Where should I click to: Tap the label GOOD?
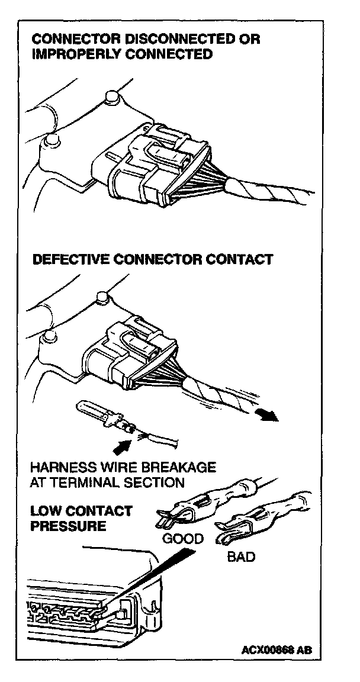tap(182, 539)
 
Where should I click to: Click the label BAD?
tap(241, 557)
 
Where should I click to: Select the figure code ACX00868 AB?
tap(276, 649)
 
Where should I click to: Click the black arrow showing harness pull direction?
tap(269, 415)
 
